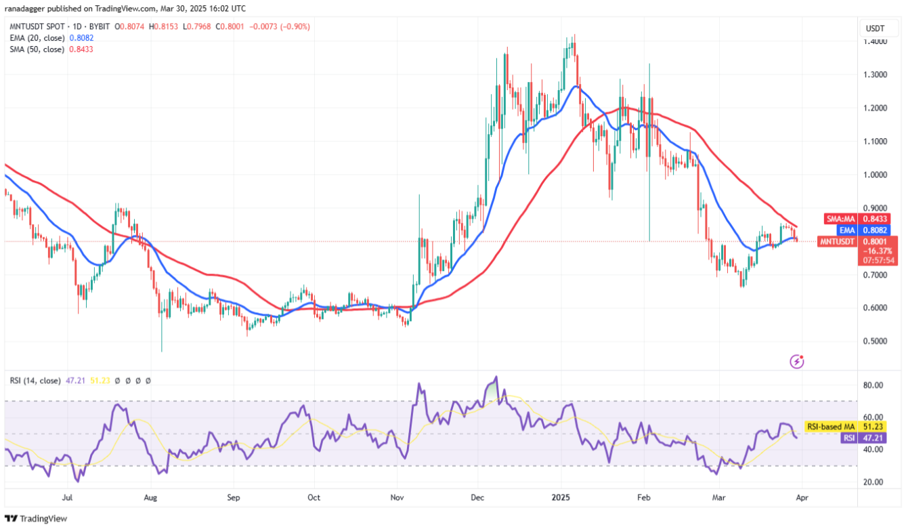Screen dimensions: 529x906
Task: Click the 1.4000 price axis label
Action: pyautogui.click(x=878, y=41)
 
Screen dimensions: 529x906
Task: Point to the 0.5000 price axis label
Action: pyautogui.click(x=878, y=341)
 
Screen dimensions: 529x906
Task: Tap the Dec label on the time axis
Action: pyautogui.click(x=478, y=497)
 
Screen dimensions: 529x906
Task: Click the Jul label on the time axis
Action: pyautogui.click(x=68, y=497)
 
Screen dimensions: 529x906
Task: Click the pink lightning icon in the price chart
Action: pyautogui.click(x=797, y=362)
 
